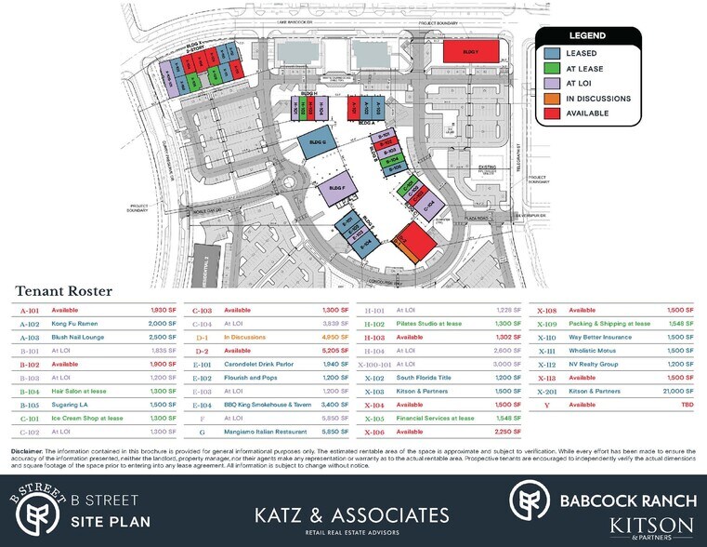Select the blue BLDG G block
click(316, 146)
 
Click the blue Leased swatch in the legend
click(552, 53)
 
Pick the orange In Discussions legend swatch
click(552, 98)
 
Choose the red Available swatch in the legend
click(552, 113)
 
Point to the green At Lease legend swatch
click(552, 68)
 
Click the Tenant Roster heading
click(62, 291)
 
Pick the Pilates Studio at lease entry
click(434, 323)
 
